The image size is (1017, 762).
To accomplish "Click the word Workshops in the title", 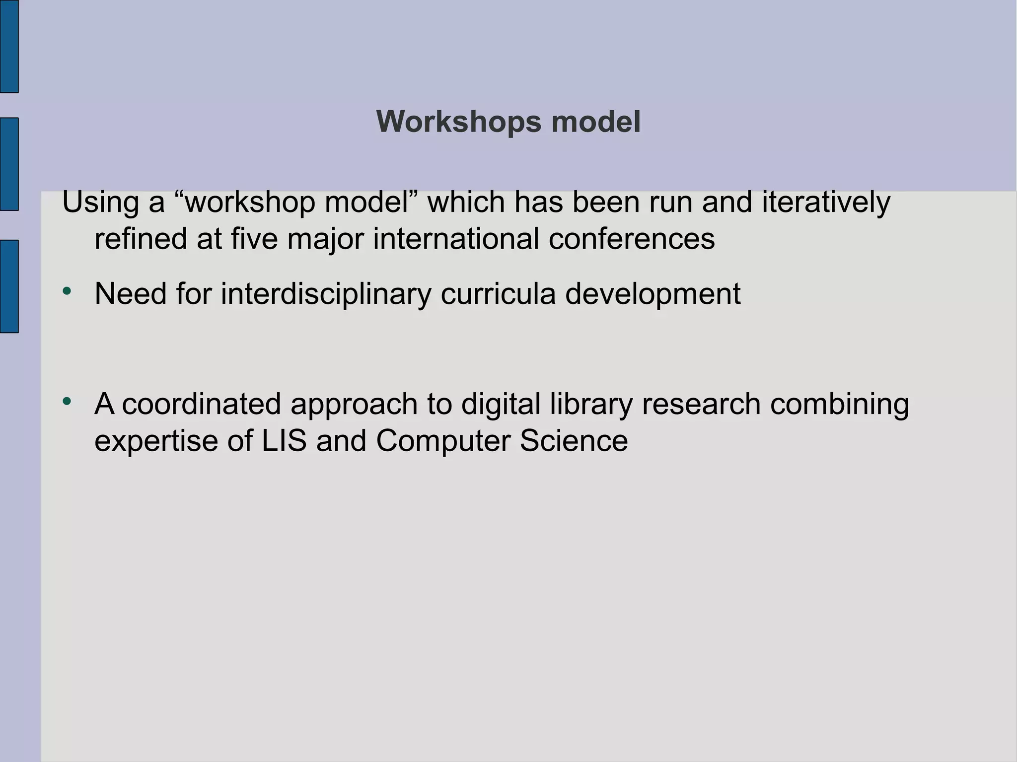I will (458, 122).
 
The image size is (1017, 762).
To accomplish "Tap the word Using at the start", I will (101, 203).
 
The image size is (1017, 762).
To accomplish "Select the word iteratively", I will (826, 203).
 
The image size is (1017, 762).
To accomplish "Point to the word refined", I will (141, 239).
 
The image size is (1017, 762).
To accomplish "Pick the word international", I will (456, 239).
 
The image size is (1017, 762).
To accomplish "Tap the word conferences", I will (632, 239).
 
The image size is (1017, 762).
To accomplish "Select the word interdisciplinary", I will (326, 294).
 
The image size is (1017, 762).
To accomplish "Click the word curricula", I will (498, 294).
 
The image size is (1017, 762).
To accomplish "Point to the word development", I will (653, 294).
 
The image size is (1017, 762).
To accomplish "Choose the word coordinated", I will (202, 404).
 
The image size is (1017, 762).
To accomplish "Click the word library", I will (591, 404).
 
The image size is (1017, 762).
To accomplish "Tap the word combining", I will (840, 404).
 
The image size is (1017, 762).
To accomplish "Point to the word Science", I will (574, 440).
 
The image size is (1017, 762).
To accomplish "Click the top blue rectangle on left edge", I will (9, 46).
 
